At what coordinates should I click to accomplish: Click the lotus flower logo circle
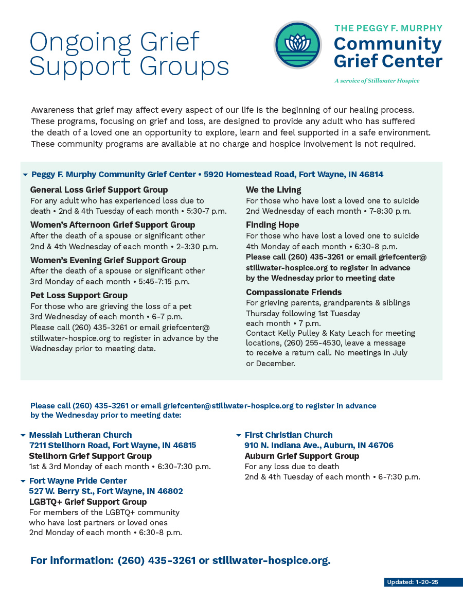coord(298,45)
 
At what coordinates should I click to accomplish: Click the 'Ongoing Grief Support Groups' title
coord(129,54)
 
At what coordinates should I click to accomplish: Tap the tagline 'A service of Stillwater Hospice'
coord(377,81)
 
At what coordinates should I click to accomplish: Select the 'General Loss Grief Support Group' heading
coord(99,190)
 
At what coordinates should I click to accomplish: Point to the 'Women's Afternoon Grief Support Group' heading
coord(113,225)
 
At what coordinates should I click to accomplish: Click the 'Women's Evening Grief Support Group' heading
coord(108,260)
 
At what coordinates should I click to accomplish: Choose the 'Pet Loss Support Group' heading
coord(79,295)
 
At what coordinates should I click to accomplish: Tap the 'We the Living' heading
coord(273,190)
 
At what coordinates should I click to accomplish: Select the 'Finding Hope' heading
coord(272,225)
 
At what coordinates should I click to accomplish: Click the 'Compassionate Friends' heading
coord(294,292)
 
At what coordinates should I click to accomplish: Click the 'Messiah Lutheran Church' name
coord(80,435)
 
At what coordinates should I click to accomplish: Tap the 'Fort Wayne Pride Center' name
coord(78,481)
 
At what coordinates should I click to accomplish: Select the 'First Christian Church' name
coord(289,435)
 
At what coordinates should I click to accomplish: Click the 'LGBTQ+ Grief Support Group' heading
coord(87,502)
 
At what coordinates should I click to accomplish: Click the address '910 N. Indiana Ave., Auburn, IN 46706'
coord(318,445)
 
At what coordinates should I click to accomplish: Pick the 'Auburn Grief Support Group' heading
coord(301,456)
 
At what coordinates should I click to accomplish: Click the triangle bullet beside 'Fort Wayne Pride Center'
coord(23,481)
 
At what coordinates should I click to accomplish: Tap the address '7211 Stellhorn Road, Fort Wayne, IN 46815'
coord(112,445)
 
